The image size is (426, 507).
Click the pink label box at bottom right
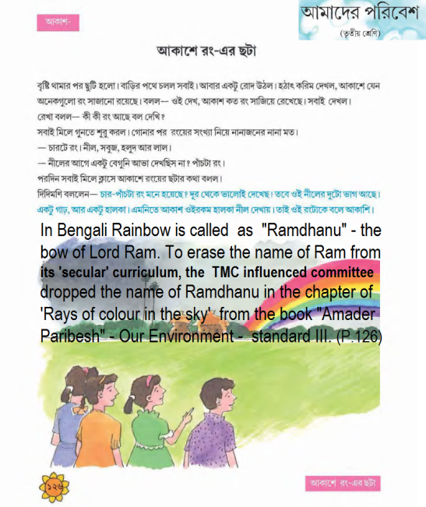tap(343, 484)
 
